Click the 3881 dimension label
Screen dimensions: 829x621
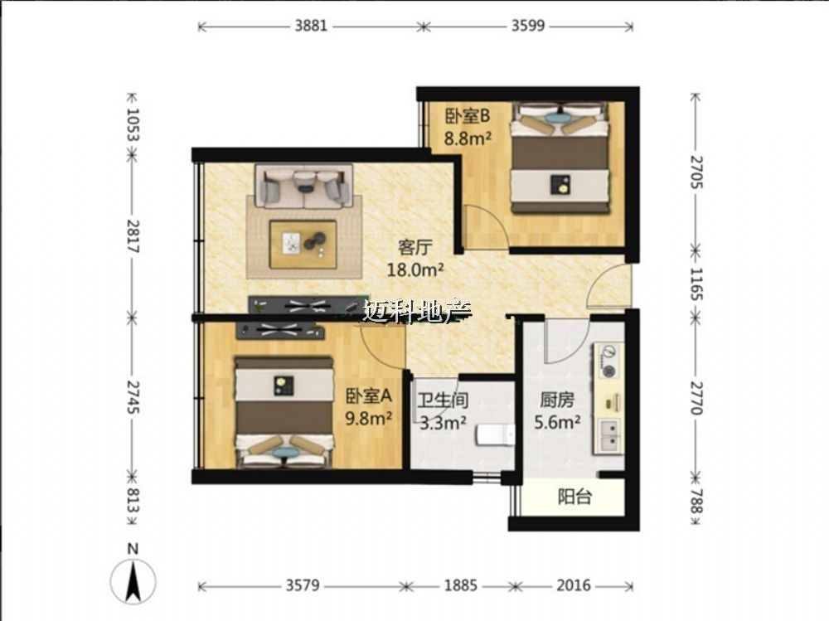click(311, 26)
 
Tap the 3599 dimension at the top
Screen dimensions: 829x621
click(527, 26)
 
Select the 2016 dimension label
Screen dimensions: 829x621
click(574, 585)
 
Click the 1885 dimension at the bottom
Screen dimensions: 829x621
click(460, 585)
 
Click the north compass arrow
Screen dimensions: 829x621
click(133, 580)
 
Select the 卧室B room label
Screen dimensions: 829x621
click(468, 115)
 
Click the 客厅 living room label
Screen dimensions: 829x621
click(415, 247)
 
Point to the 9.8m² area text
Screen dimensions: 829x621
click(369, 419)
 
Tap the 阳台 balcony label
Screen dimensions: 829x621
click(574, 497)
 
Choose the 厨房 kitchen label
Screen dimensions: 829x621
click(557, 400)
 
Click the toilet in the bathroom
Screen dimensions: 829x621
click(496, 434)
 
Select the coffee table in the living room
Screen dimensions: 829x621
click(303, 245)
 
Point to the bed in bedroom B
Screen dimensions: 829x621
click(560, 158)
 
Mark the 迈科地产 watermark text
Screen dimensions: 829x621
click(417, 312)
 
